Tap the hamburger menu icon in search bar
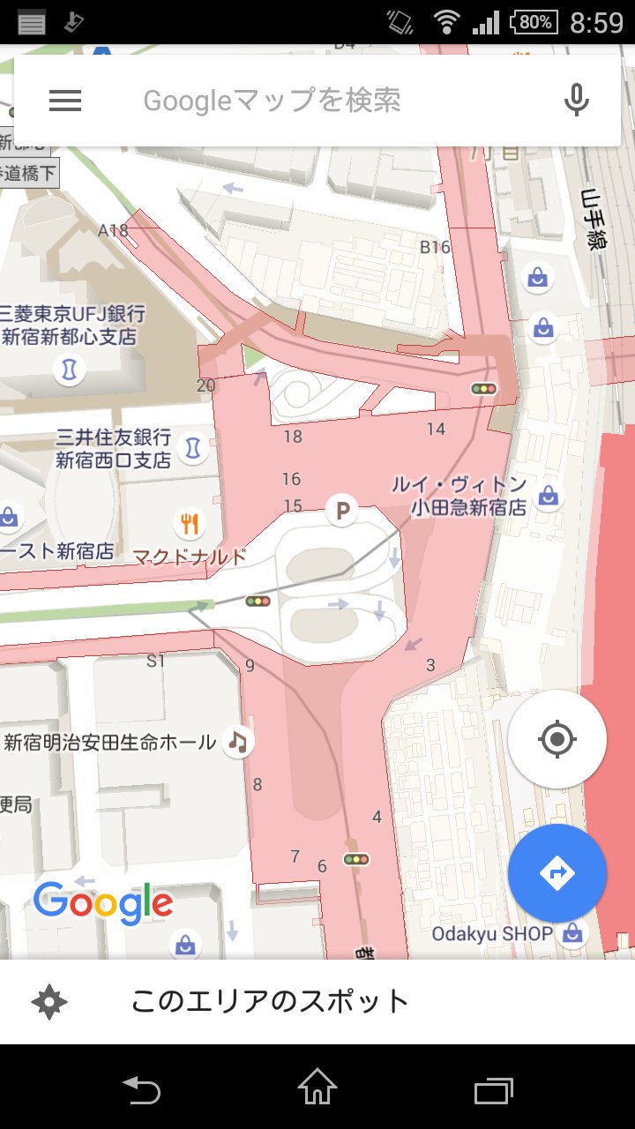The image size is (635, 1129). pyautogui.click(x=65, y=101)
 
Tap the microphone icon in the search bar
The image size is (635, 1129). pyautogui.click(x=577, y=101)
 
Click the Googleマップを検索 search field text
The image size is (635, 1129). pyautogui.click(x=272, y=101)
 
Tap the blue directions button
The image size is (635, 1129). pyautogui.click(x=557, y=873)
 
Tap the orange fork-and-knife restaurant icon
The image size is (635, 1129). pyautogui.click(x=189, y=524)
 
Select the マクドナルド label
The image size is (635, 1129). pyautogui.click(x=190, y=557)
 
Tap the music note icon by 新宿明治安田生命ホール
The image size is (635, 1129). pyautogui.click(x=237, y=741)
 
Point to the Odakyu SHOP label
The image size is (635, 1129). pyautogui.click(x=492, y=933)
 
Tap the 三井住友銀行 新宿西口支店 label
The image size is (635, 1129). pyautogui.click(x=113, y=449)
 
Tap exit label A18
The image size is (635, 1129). pyautogui.click(x=113, y=231)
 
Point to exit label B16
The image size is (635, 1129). pyautogui.click(x=435, y=247)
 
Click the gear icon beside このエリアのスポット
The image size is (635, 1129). pyautogui.click(x=49, y=1002)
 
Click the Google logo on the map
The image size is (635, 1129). pyautogui.click(x=103, y=903)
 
